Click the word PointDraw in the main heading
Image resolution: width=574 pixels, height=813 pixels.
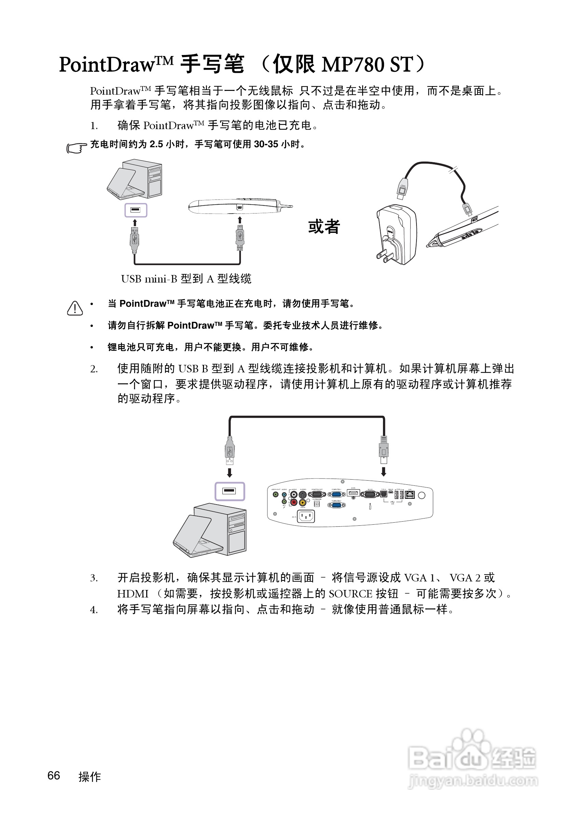[x=107, y=65]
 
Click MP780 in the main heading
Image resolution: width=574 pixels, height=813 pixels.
[x=353, y=65]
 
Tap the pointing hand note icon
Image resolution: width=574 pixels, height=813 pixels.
[x=76, y=148]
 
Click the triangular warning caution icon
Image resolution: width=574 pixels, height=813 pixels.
[x=75, y=308]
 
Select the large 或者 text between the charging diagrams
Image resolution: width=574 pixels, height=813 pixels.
[x=324, y=226]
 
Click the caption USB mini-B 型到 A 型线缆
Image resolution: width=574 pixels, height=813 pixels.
[x=186, y=279]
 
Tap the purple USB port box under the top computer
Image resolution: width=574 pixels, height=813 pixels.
[x=136, y=210]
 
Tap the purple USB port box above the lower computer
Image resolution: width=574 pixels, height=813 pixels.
[x=230, y=491]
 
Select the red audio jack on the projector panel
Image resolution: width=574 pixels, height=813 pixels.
[x=293, y=502]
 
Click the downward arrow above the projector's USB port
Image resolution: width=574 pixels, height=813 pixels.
[x=383, y=472]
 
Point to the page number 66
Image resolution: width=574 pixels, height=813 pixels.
[x=54, y=775]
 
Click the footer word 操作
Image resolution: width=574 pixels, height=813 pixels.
[x=90, y=777]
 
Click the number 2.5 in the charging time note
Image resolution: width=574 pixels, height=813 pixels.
[x=156, y=144]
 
